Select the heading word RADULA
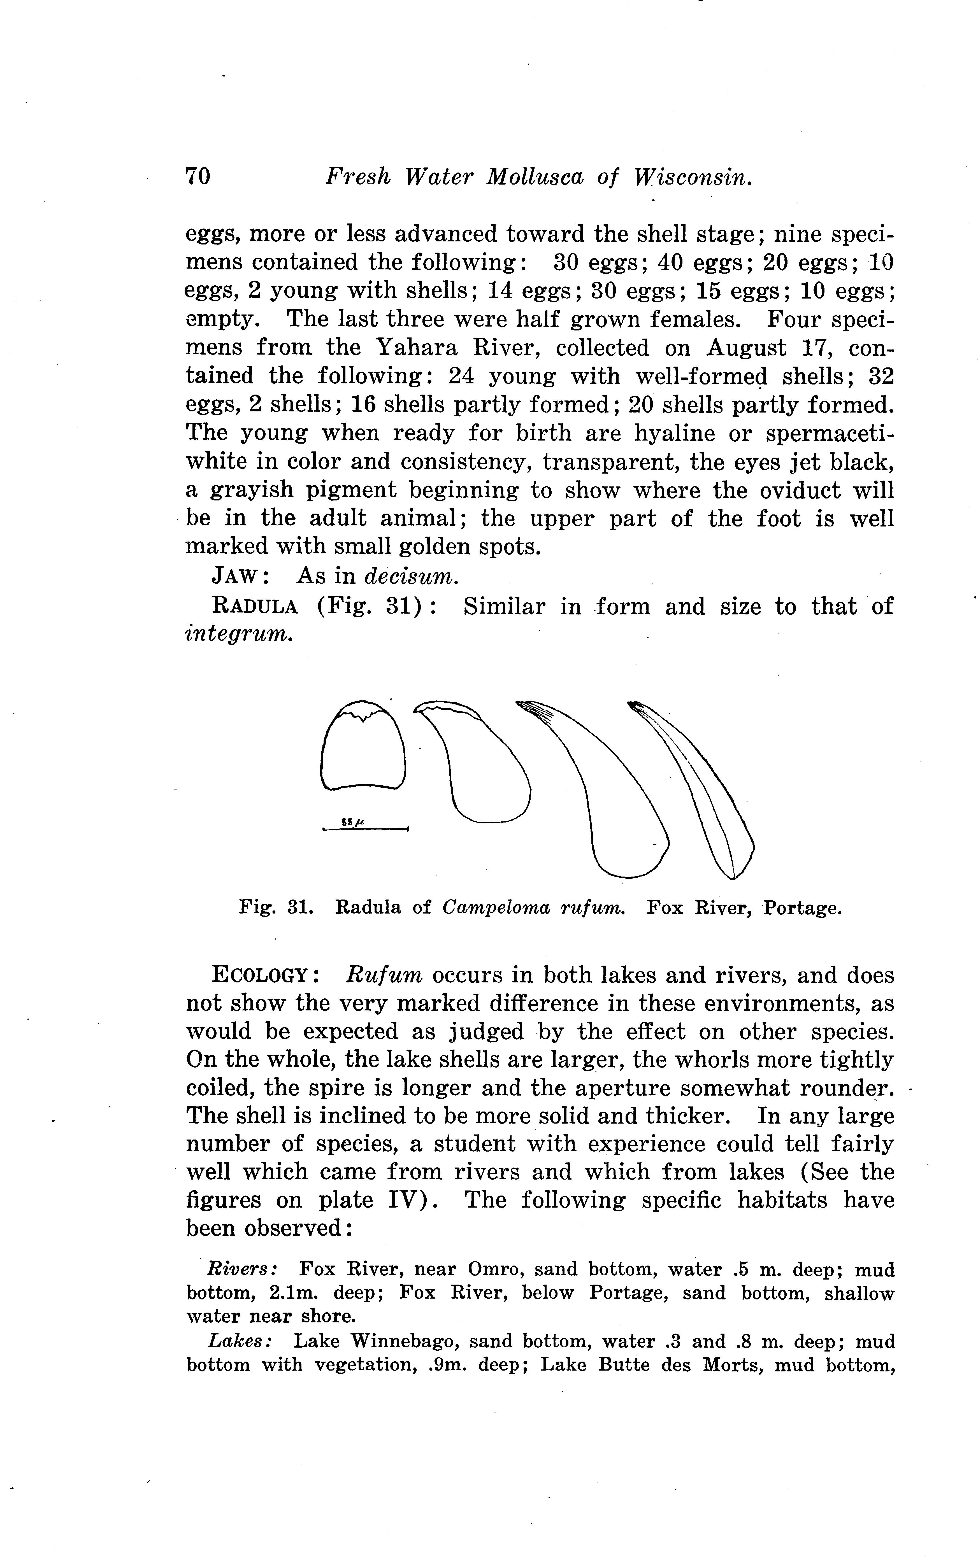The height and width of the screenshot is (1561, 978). click(x=255, y=607)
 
